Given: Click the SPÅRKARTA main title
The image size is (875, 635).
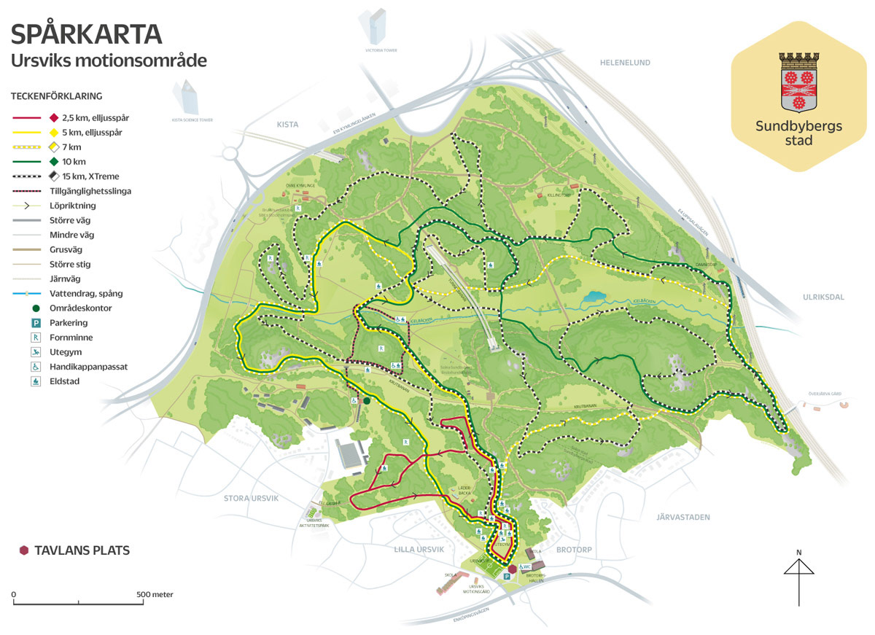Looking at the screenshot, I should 87,34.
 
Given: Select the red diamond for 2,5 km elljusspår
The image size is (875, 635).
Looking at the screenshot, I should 53,117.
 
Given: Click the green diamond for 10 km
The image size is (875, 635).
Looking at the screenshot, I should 53,161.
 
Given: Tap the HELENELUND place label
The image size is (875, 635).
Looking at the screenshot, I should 624,63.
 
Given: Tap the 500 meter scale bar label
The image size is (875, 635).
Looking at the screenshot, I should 155,594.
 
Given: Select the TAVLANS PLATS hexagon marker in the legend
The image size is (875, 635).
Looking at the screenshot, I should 24,550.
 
